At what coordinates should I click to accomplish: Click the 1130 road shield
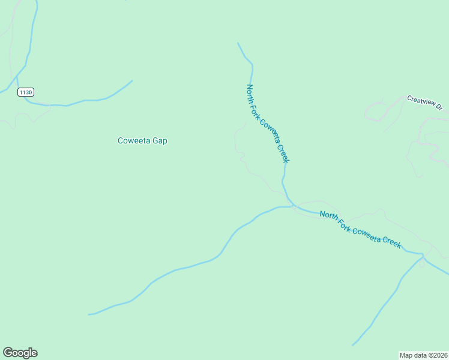pyautogui.click(x=26, y=92)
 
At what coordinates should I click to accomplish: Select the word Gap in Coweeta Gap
pyautogui.click(x=160, y=141)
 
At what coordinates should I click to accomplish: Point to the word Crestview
pyautogui.click(x=420, y=101)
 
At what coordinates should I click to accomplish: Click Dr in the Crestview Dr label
pyautogui.click(x=439, y=107)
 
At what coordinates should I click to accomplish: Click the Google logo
pyautogui.click(x=20, y=353)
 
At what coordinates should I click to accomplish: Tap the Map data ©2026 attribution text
pyautogui.click(x=424, y=355)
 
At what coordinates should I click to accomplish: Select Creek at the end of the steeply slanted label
pyautogui.click(x=283, y=153)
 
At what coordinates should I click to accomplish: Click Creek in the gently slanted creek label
pyautogui.click(x=393, y=242)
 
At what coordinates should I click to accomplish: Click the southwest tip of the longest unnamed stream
pyautogui.click(x=89, y=314)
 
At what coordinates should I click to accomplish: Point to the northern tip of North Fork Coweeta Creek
pyautogui.click(x=238, y=43)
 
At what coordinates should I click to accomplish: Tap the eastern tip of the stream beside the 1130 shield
pyautogui.click(x=131, y=81)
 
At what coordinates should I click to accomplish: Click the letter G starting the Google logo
pyautogui.click(x=7, y=352)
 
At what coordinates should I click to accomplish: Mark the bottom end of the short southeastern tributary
pyautogui.click(x=353, y=345)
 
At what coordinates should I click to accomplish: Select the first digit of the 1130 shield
pyautogui.click(x=21, y=92)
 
